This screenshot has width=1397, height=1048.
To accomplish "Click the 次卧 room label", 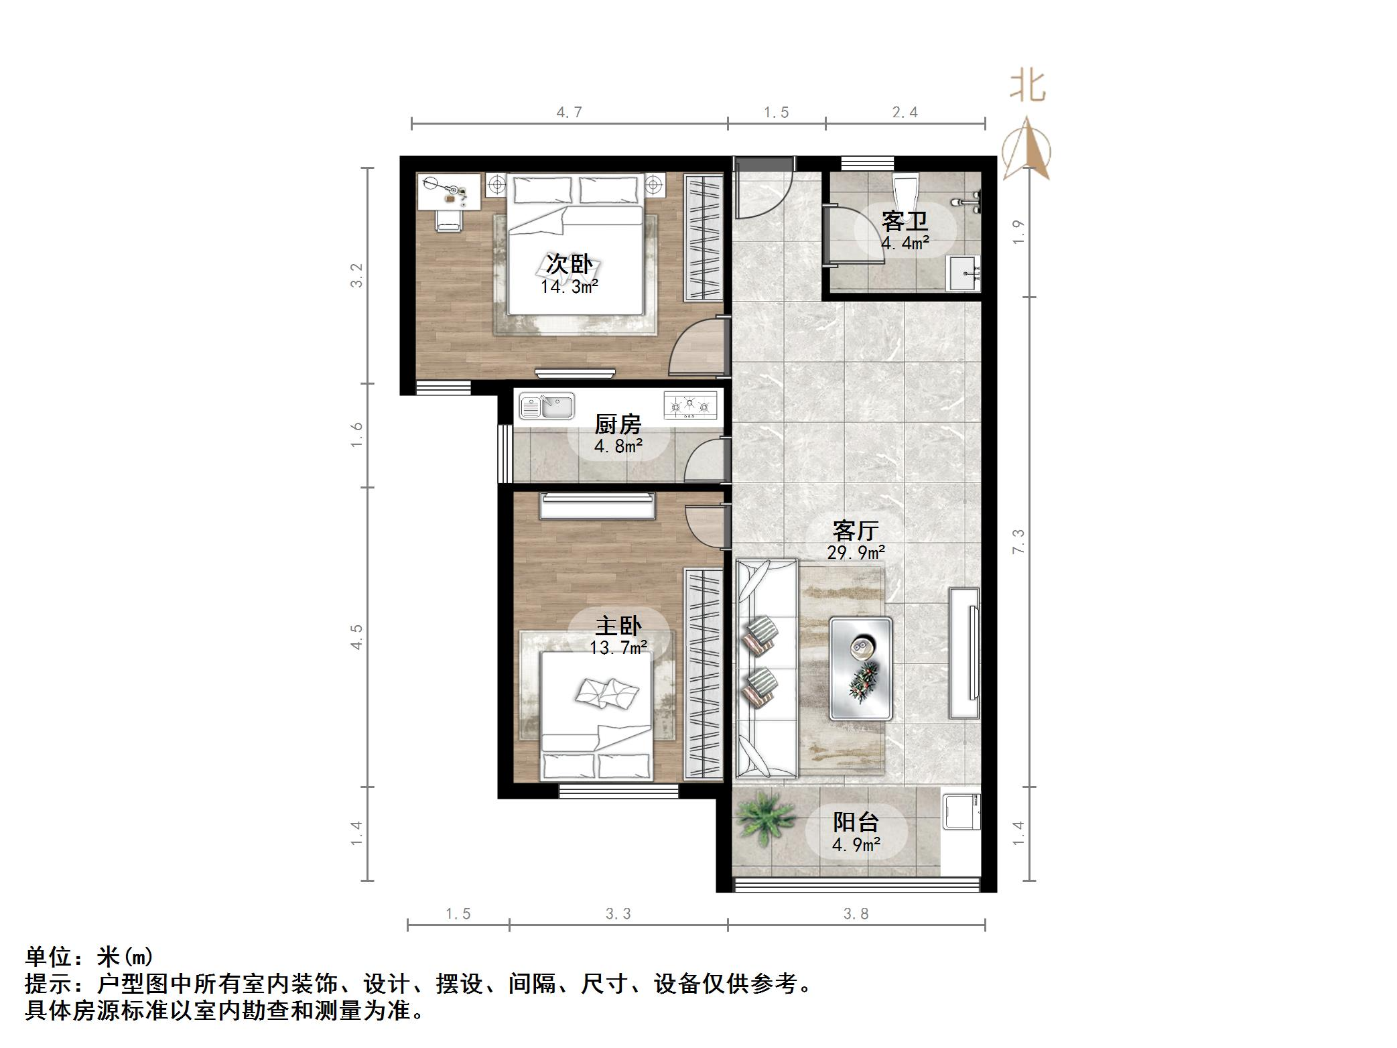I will [569, 264].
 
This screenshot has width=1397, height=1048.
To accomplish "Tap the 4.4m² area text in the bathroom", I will [905, 243].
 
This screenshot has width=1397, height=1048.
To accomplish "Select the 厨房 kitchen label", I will [618, 424].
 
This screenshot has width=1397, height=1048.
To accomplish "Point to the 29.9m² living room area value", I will [856, 553].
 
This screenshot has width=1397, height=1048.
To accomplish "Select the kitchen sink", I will [547, 406].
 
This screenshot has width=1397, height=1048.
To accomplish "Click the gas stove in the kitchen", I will [689, 405].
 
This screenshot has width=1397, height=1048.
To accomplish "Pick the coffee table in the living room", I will [860, 668].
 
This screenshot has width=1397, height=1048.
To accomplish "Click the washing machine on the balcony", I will [961, 811].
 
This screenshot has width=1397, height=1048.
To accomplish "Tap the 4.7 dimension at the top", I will [569, 112].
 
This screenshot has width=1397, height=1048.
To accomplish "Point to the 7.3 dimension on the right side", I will [1018, 541].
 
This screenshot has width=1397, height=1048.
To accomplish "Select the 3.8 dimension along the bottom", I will [856, 913].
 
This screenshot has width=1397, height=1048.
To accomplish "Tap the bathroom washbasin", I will [963, 273].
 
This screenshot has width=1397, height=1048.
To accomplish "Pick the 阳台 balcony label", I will [856, 822].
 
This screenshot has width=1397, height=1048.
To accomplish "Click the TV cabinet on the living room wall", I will [964, 653].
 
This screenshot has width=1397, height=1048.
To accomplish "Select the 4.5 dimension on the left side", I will [356, 636].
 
